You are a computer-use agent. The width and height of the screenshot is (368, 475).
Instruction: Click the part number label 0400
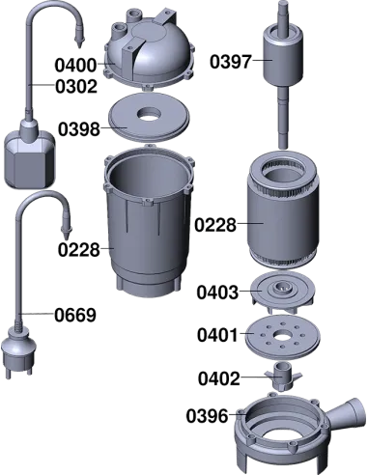(x=75, y=65)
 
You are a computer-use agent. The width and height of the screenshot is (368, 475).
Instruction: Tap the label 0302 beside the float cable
(x=76, y=87)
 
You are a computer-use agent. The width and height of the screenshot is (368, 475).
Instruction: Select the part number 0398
(x=79, y=129)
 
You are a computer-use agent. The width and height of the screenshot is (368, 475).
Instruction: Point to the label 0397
(x=231, y=62)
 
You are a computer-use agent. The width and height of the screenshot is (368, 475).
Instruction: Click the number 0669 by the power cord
(x=75, y=315)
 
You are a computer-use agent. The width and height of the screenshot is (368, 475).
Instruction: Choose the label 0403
(x=217, y=293)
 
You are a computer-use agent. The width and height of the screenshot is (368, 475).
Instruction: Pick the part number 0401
(x=217, y=335)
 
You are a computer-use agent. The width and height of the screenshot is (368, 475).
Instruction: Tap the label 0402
(x=219, y=378)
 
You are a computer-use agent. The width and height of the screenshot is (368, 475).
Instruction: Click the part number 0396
(x=207, y=416)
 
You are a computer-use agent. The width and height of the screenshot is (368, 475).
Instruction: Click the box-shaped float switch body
(x=29, y=159)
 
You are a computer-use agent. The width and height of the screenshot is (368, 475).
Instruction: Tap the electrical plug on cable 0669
(x=18, y=352)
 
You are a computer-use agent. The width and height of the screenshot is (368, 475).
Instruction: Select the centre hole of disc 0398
(x=149, y=114)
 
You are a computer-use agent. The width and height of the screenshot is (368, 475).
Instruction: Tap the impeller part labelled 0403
(x=282, y=292)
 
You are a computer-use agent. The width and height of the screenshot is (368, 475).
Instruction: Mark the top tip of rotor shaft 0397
(x=282, y=2)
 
